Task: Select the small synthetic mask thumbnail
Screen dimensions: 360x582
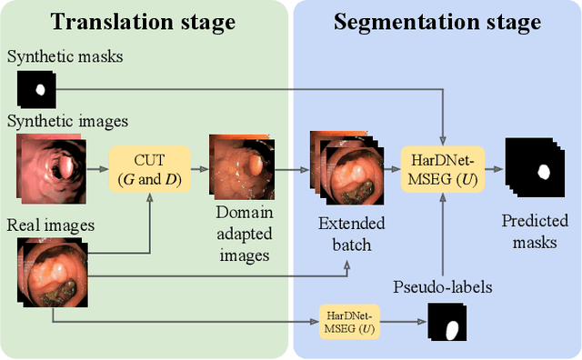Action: click(x=36, y=89)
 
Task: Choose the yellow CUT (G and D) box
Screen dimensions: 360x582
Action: click(x=145, y=168)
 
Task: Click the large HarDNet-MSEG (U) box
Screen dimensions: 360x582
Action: click(x=442, y=168)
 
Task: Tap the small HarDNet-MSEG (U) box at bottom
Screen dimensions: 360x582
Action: click(x=350, y=320)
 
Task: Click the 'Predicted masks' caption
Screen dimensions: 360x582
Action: click(x=535, y=232)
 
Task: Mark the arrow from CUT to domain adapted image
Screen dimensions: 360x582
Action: click(x=194, y=168)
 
